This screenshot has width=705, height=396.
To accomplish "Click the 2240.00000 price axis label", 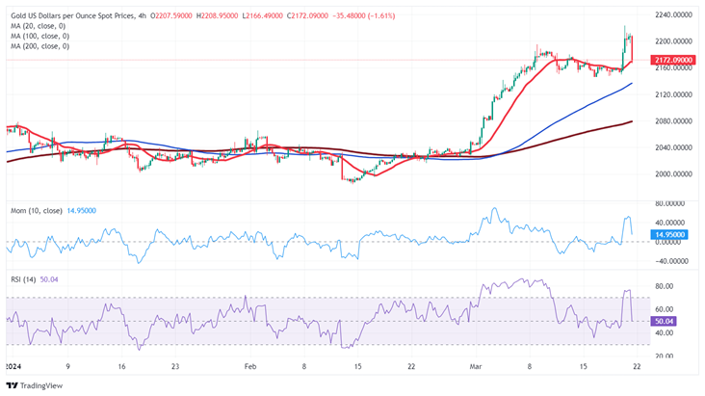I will (672, 15).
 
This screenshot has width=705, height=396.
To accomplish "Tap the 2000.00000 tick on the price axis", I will (672, 174).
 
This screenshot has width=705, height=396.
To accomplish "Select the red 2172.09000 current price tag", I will (672, 60).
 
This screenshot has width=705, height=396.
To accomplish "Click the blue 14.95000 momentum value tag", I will (669, 234).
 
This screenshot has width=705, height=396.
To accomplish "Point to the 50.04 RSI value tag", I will (663, 321).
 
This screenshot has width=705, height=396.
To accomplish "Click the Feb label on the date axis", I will (249, 367).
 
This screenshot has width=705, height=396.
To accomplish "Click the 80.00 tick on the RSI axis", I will (665, 286).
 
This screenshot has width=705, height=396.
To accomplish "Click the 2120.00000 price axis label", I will (672, 94).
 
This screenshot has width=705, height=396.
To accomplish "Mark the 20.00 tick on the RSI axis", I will (665, 356).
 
